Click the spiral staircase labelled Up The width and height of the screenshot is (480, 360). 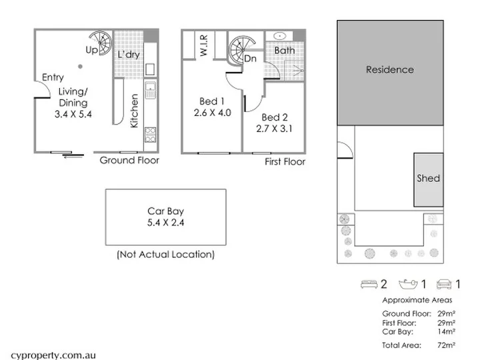101,43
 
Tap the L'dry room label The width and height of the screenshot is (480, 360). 129,55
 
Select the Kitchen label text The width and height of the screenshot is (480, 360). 134,111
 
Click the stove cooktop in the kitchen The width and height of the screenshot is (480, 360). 150,135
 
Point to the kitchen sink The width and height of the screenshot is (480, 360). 150,90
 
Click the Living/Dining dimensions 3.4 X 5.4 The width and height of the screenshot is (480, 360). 73,114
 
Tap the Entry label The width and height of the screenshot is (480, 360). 53,77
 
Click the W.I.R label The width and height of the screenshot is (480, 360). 204,45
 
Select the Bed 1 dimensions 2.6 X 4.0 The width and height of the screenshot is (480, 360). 212,113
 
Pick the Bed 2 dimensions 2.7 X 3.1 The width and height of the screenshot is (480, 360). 274,129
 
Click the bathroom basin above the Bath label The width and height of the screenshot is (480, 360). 279,36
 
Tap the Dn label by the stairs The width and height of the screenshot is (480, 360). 250,59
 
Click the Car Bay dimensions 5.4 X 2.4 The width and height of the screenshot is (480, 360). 165,223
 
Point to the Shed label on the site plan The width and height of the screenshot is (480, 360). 428,178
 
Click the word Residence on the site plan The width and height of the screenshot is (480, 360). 390,69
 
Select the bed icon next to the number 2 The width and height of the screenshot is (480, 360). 369,284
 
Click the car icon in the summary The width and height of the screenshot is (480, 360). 444,284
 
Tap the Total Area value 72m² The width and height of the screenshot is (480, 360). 446,345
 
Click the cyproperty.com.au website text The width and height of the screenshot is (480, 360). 53,355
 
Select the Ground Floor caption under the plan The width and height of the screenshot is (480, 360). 129,161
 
